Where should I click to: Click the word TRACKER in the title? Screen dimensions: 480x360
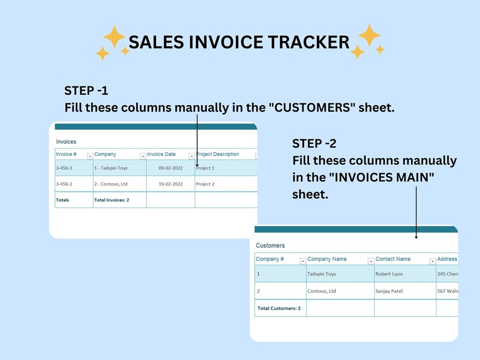point(308,42)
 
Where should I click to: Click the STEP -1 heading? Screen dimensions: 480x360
point(86,91)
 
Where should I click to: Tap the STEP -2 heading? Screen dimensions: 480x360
point(314,143)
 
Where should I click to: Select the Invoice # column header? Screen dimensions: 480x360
point(66,154)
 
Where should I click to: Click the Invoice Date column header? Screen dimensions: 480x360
point(161,154)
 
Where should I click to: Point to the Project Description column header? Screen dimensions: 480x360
point(218,154)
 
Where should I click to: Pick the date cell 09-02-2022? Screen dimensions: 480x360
point(170,168)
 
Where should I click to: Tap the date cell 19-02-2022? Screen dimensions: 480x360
point(170,184)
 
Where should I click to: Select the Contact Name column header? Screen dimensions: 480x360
point(393,259)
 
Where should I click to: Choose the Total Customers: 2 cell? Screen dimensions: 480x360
point(279,308)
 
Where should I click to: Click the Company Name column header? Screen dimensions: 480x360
point(327,259)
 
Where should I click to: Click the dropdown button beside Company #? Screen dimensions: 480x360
point(302,261)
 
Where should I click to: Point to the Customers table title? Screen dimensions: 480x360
point(270,246)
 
